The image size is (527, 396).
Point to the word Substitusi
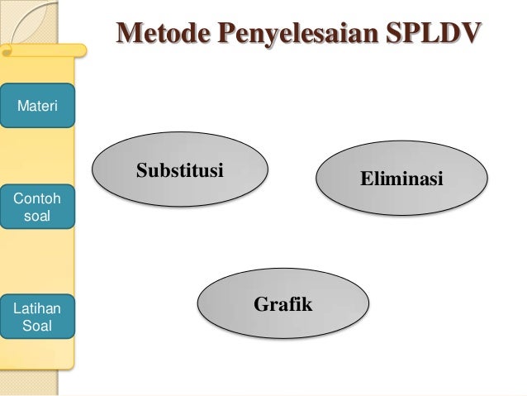[180, 172]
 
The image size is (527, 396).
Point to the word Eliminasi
[401, 179]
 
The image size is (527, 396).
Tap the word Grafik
[282, 304]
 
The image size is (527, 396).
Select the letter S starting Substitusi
[141, 172]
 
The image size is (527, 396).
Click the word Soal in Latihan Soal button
[37, 326]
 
